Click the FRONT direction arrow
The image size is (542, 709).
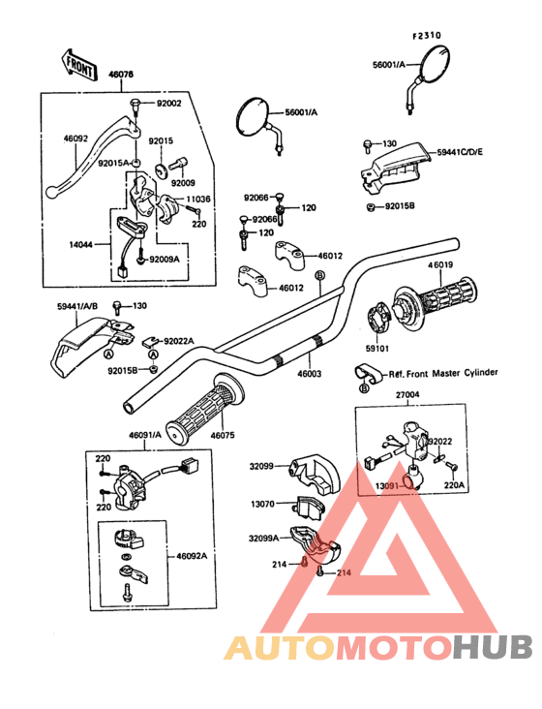pyautogui.click(x=78, y=66)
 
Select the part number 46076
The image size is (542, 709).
pyautogui.click(x=121, y=75)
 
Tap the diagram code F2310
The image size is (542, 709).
pyautogui.click(x=427, y=36)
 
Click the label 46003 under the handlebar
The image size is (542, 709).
pyautogui.click(x=310, y=374)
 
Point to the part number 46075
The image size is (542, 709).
pyautogui.click(x=223, y=436)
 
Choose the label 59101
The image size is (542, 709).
pyautogui.click(x=377, y=349)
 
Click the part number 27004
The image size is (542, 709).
pyautogui.click(x=407, y=395)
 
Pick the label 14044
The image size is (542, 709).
pyautogui.click(x=81, y=245)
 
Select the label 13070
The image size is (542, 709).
pyautogui.click(x=262, y=504)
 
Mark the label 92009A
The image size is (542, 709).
pyautogui.click(x=165, y=260)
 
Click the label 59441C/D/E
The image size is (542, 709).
pyautogui.click(x=460, y=152)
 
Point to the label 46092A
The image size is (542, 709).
pyautogui.click(x=192, y=556)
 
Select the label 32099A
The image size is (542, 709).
pyautogui.click(x=264, y=539)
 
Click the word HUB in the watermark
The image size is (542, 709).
pyautogui.click(x=494, y=647)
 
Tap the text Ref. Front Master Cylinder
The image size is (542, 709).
pyautogui.click(x=443, y=374)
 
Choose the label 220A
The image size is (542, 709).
pyautogui.click(x=454, y=485)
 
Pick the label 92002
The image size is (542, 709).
pyautogui.click(x=169, y=103)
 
